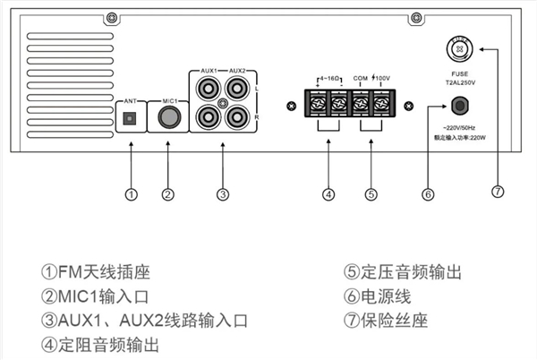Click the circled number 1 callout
coord(132,193)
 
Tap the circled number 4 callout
coord(328,193)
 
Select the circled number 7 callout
coord(499,191)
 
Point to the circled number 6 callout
coord(428,193)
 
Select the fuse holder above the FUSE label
coord(457,47)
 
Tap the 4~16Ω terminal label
coord(328,79)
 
